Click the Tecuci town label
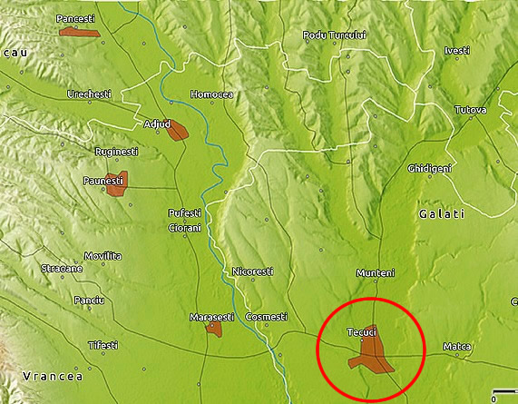[x=361, y=333]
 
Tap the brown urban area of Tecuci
[x=370, y=355]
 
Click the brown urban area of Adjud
[x=176, y=132]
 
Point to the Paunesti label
[x=103, y=182]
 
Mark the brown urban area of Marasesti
[x=214, y=328]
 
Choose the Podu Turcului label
[x=335, y=35]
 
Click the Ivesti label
[x=457, y=50]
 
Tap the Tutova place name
[x=471, y=110]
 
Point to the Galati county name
[x=442, y=214]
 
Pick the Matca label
[x=456, y=347]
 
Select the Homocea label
[x=211, y=94]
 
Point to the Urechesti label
[x=89, y=94]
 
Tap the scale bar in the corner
[x=504, y=392]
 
